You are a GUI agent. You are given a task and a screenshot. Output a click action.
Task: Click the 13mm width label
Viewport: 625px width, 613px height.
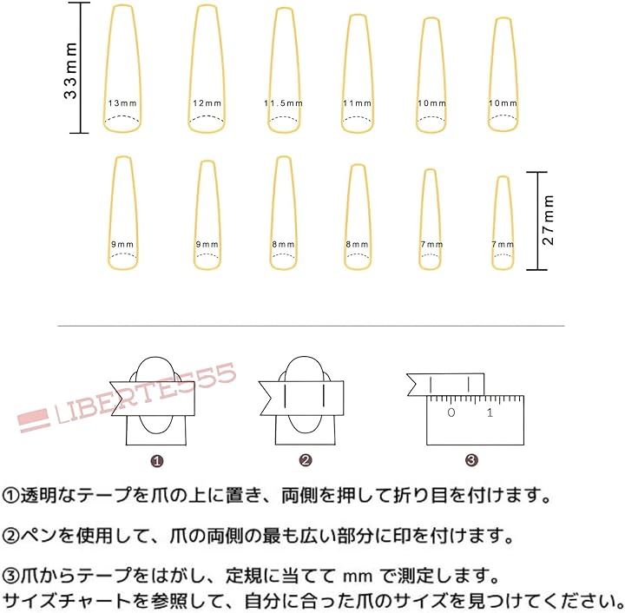coord(122,103)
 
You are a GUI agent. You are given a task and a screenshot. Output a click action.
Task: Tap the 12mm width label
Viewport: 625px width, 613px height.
coord(207,103)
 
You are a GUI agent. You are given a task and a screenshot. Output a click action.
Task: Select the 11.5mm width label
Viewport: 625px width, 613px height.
coord(283,103)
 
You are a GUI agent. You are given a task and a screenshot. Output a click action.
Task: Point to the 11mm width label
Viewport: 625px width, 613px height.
coord(357,103)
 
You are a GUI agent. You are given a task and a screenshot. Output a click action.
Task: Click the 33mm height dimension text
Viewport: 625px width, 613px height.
coord(70,70)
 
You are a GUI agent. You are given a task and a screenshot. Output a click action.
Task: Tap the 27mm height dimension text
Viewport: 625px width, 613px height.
coord(548,220)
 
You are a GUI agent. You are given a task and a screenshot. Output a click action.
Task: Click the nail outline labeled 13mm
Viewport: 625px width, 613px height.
coord(104,68)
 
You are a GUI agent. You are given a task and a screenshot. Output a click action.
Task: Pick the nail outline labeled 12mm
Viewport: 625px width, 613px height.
coord(189,68)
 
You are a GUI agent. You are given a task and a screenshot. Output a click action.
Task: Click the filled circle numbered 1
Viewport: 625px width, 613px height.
coord(156,462)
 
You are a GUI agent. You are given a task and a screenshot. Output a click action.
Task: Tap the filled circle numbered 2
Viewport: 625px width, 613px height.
coord(305,461)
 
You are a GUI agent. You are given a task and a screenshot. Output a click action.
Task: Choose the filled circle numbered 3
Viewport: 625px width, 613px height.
coord(471,461)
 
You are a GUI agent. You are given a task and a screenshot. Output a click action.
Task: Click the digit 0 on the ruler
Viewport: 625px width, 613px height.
coord(451,412)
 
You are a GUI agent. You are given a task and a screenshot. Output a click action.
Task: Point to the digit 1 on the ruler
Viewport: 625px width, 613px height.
coord(490,412)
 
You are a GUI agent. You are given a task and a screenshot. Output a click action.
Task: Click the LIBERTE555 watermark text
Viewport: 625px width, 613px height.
coord(146,392)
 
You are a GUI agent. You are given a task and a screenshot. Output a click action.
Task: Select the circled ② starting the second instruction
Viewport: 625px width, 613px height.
coord(10,536)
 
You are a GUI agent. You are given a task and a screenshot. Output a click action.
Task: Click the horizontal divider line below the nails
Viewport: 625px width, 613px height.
coord(311,326)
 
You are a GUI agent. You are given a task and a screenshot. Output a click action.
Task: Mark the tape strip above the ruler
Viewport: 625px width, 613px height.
coord(445,385)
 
